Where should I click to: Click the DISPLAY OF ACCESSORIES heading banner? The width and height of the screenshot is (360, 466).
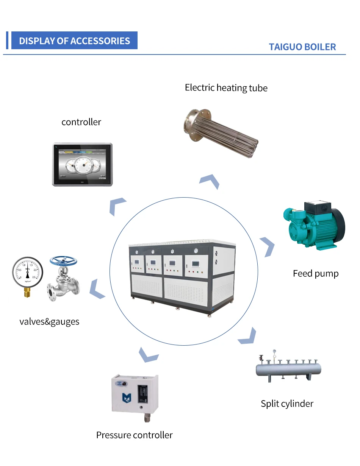[x=74, y=41]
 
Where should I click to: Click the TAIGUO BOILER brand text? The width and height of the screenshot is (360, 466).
[x=302, y=47]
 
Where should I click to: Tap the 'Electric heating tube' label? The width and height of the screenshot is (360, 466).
[x=226, y=88]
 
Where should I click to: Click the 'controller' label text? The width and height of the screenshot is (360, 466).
[x=81, y=122]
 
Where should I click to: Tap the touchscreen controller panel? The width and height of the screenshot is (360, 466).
[x=82, y=165]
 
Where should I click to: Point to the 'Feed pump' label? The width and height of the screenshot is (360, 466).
[x=315, y=273]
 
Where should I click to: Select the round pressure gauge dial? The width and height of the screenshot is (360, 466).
[x=28, y=272]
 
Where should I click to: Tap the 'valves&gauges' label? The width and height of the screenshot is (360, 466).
[x=49, y=322]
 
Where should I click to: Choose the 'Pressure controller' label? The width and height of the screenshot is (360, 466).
[x=134, y=435]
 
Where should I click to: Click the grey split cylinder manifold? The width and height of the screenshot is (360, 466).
[x=288, y=369]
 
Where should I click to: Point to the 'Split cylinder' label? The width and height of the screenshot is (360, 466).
[x=287, y=404]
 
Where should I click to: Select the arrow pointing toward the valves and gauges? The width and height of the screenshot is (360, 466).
[x=97, y=288]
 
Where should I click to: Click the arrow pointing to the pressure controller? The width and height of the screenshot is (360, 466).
[x=148, y=354]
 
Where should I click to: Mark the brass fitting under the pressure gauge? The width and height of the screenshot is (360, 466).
[x=27, y=292]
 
